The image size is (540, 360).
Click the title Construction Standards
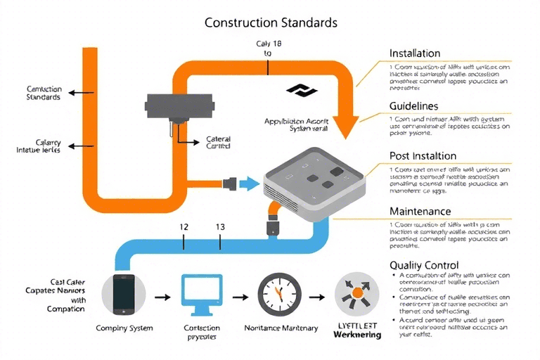271,22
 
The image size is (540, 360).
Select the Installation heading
415,53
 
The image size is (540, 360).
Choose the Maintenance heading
420,211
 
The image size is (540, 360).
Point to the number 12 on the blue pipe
184,227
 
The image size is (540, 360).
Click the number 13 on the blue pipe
220,227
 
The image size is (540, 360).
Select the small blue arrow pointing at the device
249,184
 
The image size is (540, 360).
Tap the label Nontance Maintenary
281,328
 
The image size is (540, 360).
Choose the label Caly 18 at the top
269,44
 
